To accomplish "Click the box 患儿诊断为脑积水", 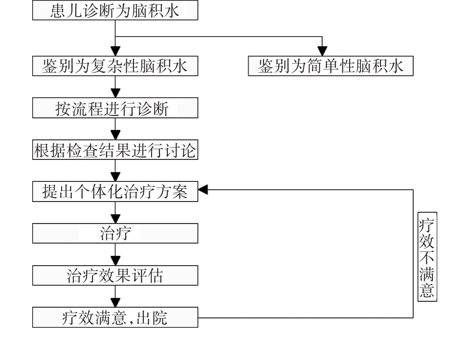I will (x=115, y=11).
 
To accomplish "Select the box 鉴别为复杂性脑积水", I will (x=115, y=67).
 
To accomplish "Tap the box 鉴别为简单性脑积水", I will (x=331, y=67).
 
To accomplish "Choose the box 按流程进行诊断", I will (x=115, y=108).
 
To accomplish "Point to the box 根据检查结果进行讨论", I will (x=115, y=150).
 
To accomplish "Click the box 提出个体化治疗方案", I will (x=115, y=192).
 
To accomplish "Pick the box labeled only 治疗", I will (x=115, y=234).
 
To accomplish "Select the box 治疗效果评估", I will (x=115, y=276).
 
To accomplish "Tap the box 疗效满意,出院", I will (x=115, y=318).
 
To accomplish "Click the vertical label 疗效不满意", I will (x=427, y=256).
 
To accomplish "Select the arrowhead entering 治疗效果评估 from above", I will (x=115, y=262).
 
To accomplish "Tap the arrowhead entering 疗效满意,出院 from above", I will (x=115, y=304).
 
